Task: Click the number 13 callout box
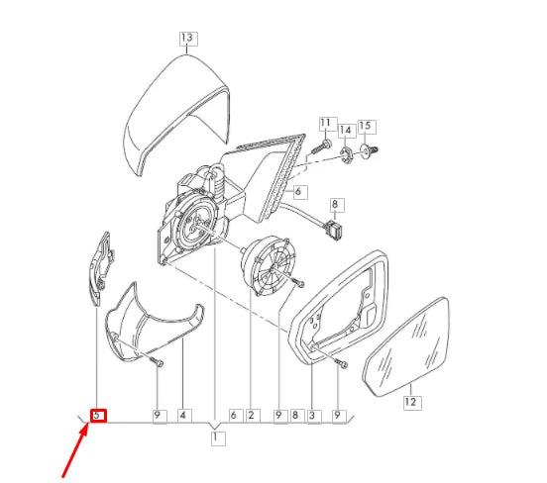click(x=188, y=39)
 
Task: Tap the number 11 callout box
click(x=328, y=124)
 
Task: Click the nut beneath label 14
click(x=347, y=155)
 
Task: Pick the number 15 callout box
click(x=367, y=127)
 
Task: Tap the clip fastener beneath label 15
click(x=369, y=151)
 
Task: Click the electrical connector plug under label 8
click(x=335, y=231)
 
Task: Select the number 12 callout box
click(x=412, y=403)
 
